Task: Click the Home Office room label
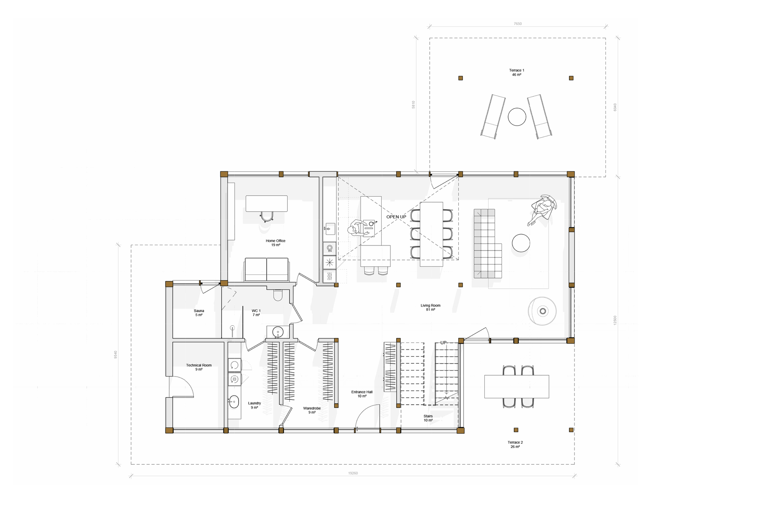pyautogui.click(x=275, y=243)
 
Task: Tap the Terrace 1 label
pyautogui.click(x=516, y=73)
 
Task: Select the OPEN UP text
pyautogui.click(x=396, y=217)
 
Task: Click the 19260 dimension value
pyautogui.click(x=353, y=473)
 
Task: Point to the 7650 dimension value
pyautogui.click(x=518, y=24)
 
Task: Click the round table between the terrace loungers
pyautogui.click(x=517, y=117)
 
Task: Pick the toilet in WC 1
pyautogui.click(x=278, y=295)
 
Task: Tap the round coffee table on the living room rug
pyautogui.click(x=521, y=243)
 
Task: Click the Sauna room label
pyautogui.click(x=199, y=313)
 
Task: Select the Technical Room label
pyautogui.click(x=199, y=367)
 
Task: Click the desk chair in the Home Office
pyautogui.click(x=267, y=217)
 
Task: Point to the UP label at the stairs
pyautogui.click(x=443, y=343)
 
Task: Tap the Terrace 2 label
pyautogui.click(x=515, y=444)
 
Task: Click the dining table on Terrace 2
pyautogui.click(x=516, y=386)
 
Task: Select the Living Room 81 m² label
pyautogui.click(x=431, y=307)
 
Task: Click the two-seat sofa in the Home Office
pyautogui.click(x=267, y=270)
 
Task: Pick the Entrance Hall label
pyautogui.click(x=362, y=394)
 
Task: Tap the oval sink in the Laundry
pyautogui.click(x=234, y=402)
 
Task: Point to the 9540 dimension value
pyautogui.click(x=115, y=354)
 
